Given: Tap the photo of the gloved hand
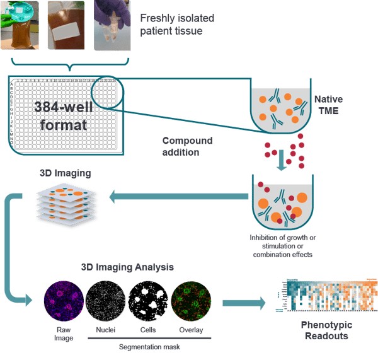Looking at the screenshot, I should pos(112,25).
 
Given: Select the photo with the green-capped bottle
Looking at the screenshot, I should pos(25,26).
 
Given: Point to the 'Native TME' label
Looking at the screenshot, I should pos(328,104).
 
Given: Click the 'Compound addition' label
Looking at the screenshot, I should pos(188,146).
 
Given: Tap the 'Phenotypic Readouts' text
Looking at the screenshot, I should pos(326,330).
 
